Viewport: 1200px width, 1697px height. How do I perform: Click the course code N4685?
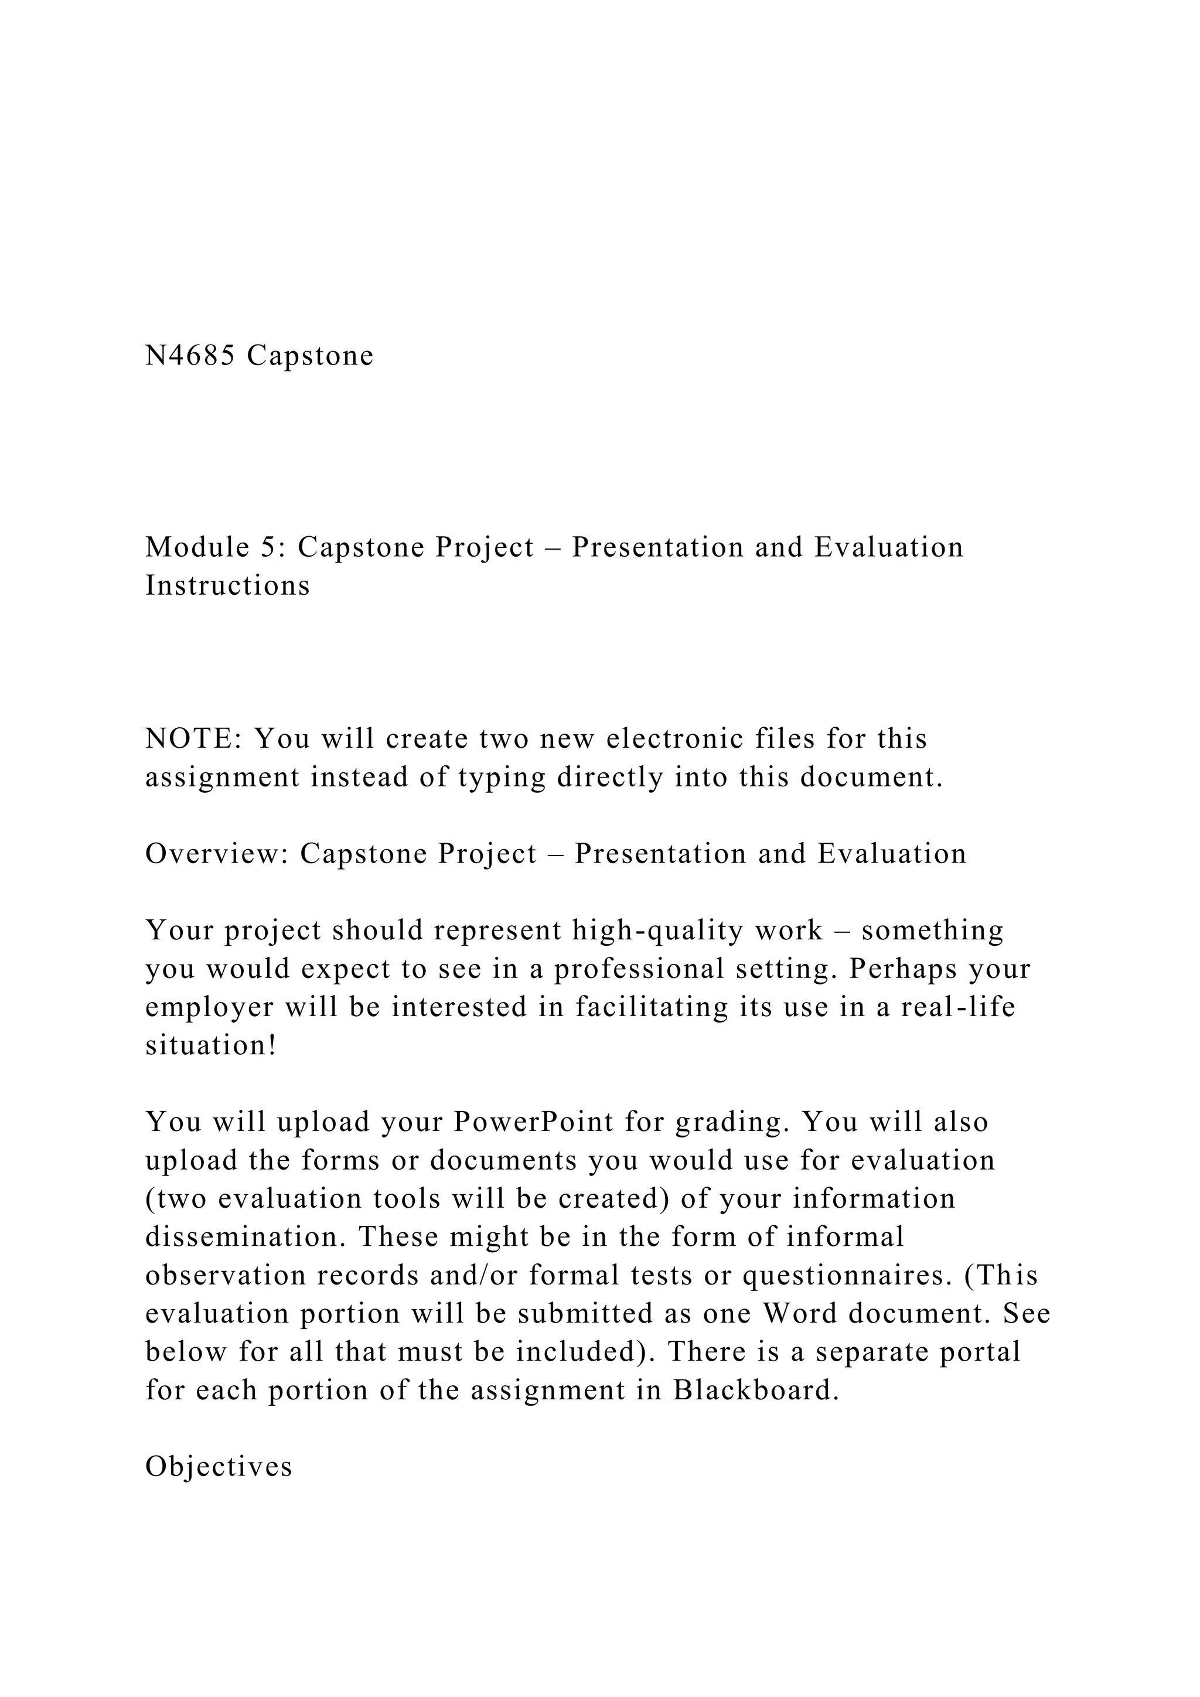pyautogui.click(x=190, y=356)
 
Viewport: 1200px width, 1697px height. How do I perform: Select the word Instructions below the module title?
pyautogui.click(x=227, y=586)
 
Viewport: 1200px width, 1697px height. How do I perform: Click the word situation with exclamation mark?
pyautogui.click(x=210, y=1046)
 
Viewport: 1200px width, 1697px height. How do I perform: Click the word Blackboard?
pyautogui.click(x=756, y=1391)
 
